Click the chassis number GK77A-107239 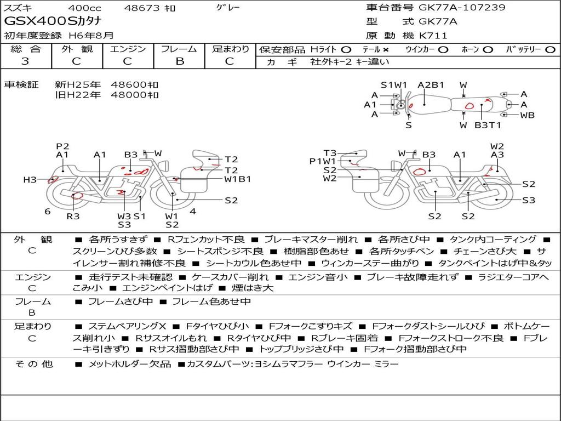tap(462, 7)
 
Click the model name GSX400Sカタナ tap(53, 21)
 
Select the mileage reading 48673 tap(142, 8)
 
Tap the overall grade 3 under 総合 tap(25, 61)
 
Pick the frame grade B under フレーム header tap(180, 61)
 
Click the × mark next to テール tap(385, 50)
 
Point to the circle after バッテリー tap(550, 50)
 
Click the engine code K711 tap(433, 36)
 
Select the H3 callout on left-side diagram tap(30, 179)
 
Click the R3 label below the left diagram tap(73, 216)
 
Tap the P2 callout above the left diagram tap(62, 146)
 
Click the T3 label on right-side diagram tap(330, 153)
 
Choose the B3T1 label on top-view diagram tap(488, 126)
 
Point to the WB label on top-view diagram tap(528, 115)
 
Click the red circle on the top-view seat tap(469, 106)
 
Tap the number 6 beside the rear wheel tap(48, 212)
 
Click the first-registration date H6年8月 tap(91, 36)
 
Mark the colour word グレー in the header tap(228, 8)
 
